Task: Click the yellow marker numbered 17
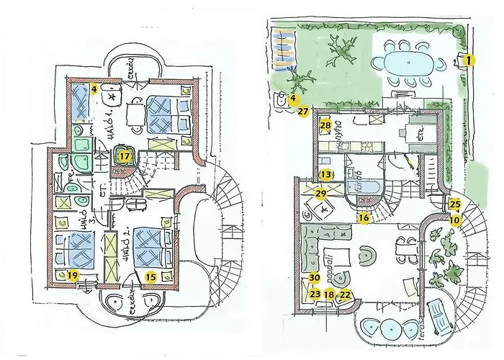(125, 155)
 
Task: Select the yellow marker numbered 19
(72, 274)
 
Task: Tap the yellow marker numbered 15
(150, 274)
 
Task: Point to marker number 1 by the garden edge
(468, 60)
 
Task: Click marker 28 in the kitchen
(325, 125)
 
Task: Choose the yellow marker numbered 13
(326, 174)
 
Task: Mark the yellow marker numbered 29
(320, 192)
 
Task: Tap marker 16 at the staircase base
(364, 217)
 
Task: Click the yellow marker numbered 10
(455, 219)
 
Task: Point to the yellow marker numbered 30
(313, 279)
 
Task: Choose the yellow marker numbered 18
(329, 294)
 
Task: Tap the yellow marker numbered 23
(314, 294)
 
